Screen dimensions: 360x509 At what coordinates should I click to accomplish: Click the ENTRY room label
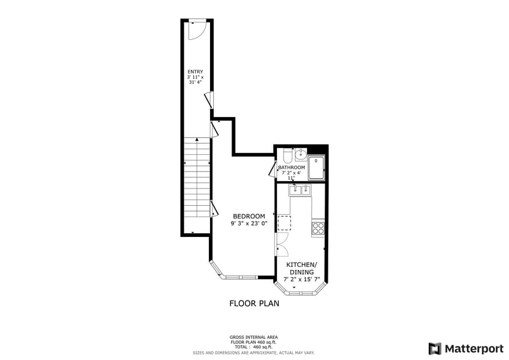[195, 72]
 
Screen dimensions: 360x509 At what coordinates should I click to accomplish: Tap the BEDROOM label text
[249, 216]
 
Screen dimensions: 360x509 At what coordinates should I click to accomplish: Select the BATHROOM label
[292, 167]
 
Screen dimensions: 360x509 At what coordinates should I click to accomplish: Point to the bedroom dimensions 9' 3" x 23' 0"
[249, 224]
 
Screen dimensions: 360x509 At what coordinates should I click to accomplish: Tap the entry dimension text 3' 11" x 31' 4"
[195, 80]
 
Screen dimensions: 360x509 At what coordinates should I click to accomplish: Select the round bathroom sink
[300, 156]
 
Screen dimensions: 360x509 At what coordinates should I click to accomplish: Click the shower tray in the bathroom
[316, 168]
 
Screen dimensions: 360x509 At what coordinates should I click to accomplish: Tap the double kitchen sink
[300, 190]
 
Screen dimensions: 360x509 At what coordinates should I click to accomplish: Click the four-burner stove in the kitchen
[318, 228]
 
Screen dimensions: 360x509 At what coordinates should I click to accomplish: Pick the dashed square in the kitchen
[284, 223]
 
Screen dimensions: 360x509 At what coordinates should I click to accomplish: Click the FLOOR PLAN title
[254, 303]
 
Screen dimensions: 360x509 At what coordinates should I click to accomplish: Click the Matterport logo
[466, 348]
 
